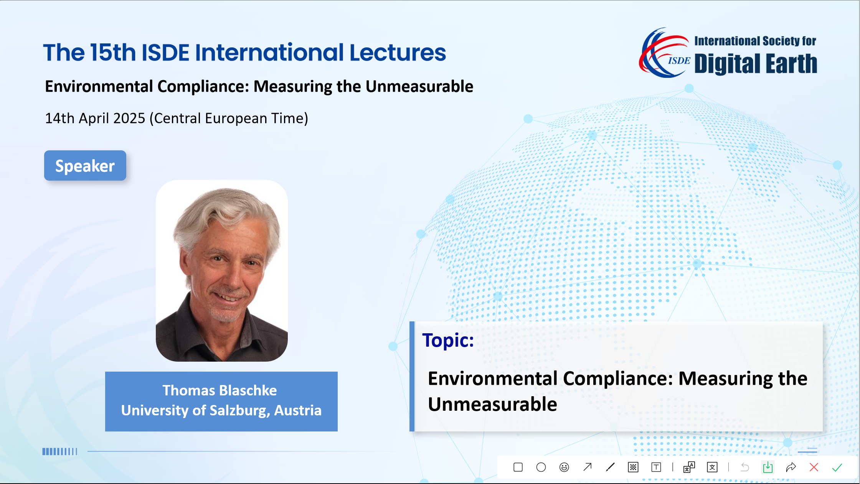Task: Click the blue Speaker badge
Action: [x=85, y=165]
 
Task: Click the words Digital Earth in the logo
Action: [x=756, y=64]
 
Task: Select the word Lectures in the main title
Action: [x=398, y=53]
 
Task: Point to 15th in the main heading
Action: [x=113, y=53]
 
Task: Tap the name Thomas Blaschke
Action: [x=220, y=390]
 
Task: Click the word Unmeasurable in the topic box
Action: [x=492, y=404]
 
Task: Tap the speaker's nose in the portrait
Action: [x=232, y=277]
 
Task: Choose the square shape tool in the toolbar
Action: [x=518, y=467]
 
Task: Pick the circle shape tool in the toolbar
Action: [x=541, y=467]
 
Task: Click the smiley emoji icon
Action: [x=564, y=467]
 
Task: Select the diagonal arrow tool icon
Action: [x=587, y=467]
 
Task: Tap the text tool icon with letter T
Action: [x=656, y=467]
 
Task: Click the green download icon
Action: [x=768, y=467]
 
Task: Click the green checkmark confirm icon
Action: [x=837, y=467]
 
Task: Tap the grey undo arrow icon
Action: [x=745, y=467]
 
